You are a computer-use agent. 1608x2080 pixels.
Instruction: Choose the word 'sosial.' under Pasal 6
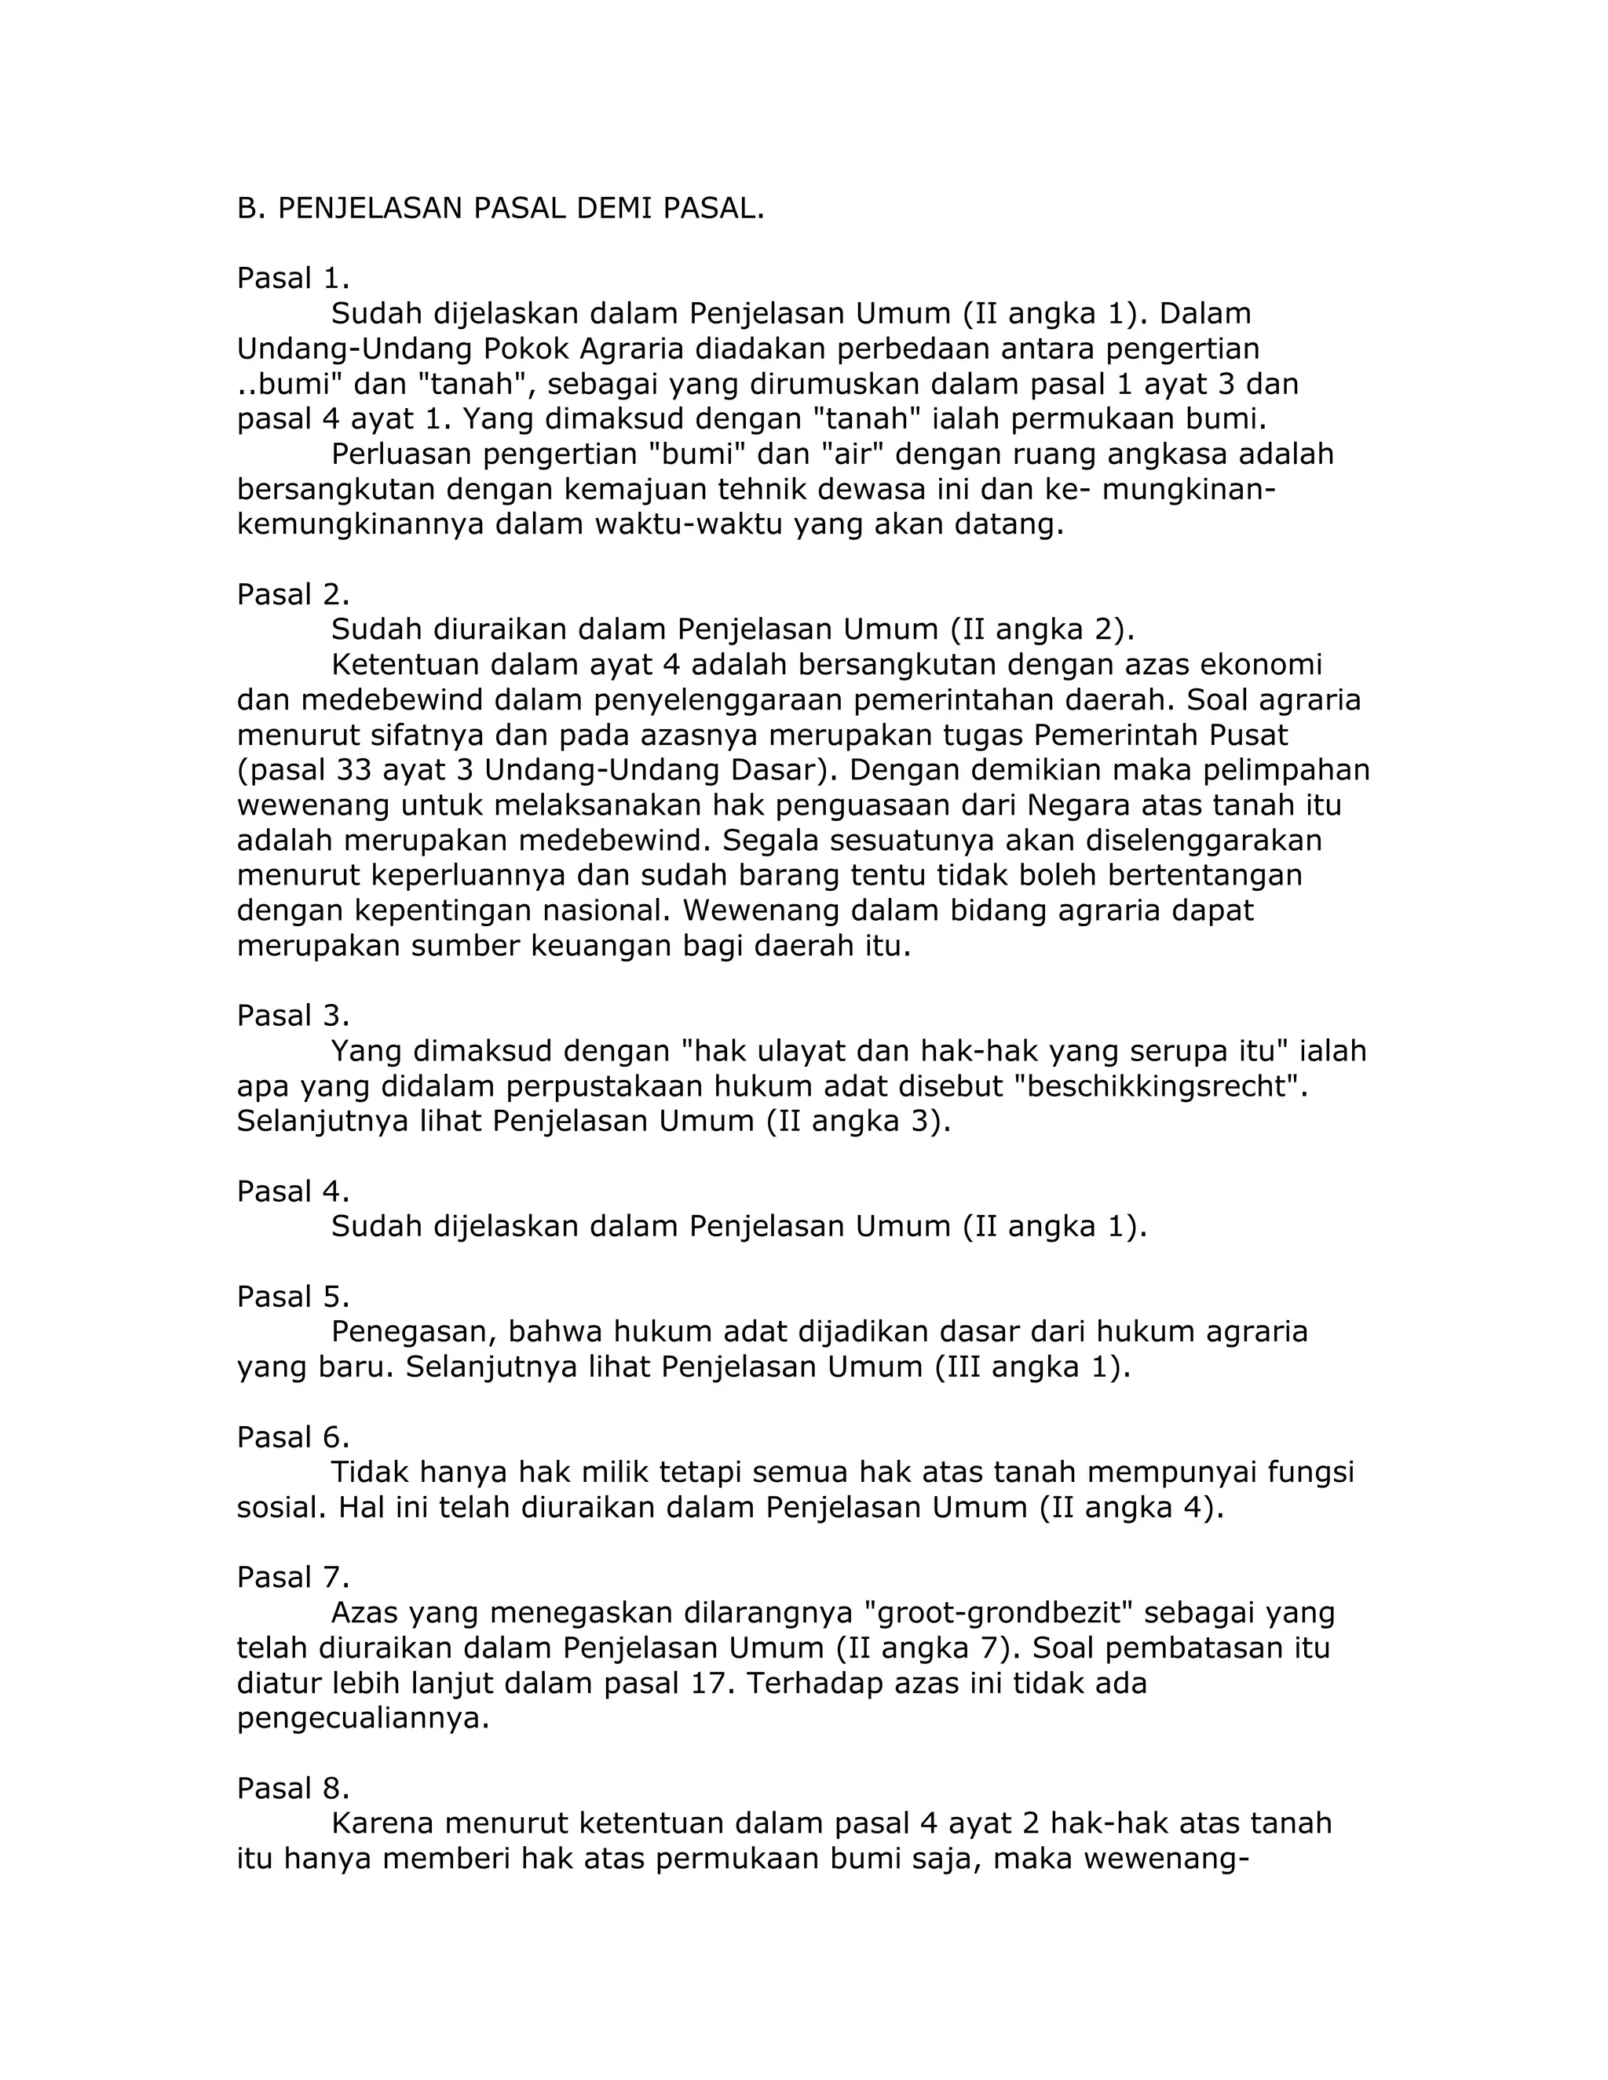pyautogui.click(x=283, y=1508)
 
